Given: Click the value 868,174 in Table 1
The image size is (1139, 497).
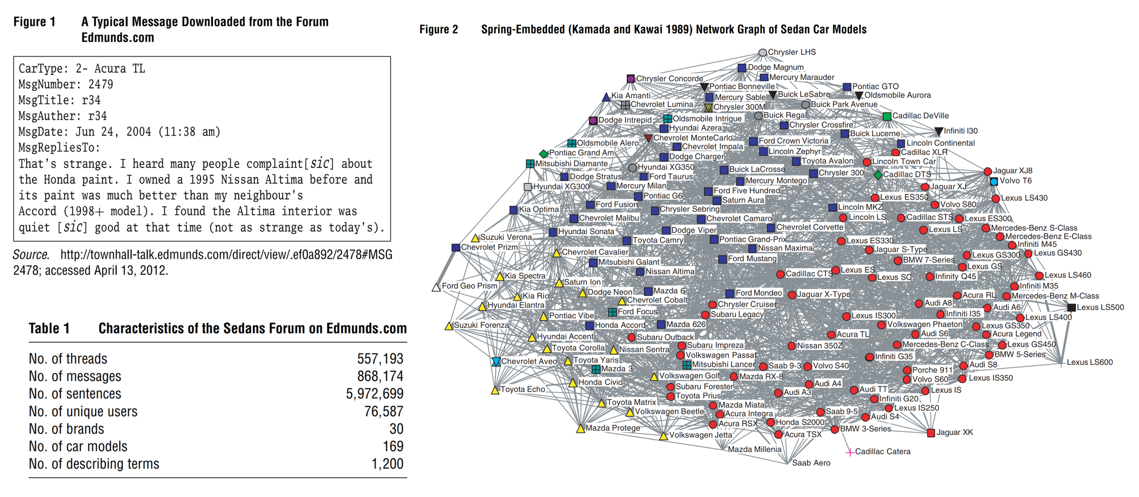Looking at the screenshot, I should (x=380, y=376).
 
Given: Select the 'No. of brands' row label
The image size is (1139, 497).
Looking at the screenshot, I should (x=66, y=428).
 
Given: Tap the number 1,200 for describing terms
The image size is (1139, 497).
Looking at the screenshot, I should (x=387, y=463).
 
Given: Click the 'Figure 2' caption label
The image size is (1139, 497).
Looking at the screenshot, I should (x=438, y=30).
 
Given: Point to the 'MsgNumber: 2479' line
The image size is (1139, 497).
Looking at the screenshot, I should (x=66, y=84).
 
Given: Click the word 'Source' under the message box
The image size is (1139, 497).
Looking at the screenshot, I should (x=30, y=255).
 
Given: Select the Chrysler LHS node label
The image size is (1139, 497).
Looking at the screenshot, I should (x=792, y=52).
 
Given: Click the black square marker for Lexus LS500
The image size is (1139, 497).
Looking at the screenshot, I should (x=1071, y=307).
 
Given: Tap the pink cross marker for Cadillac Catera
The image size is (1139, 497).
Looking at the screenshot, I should (x=849, y=452).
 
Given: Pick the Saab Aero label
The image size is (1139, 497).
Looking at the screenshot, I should (x=811, y=463).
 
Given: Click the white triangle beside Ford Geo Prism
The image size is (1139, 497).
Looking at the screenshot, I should (x=436, y=288).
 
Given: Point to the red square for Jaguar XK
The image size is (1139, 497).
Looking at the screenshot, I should (x=931, y=433).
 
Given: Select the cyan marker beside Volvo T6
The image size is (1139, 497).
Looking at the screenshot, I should (x=994, y=182).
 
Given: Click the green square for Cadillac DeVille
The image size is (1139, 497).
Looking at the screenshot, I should (x=886, y=117).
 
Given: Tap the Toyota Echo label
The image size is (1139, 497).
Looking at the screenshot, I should (x=523, y=389).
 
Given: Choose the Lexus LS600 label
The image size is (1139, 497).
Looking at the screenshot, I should (x=1090, y=362).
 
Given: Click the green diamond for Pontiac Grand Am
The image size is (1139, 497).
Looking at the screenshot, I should (x=543, y=154).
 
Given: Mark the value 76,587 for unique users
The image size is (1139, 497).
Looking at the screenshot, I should (x=383, y=411).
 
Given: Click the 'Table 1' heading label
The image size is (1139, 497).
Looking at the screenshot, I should (x=49, y=328).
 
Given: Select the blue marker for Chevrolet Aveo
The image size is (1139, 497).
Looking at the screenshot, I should (x=496, y=362).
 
